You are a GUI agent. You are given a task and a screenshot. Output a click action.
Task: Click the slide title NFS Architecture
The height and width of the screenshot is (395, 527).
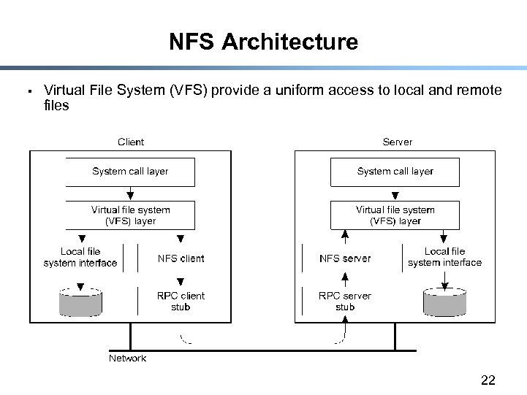[263, 42]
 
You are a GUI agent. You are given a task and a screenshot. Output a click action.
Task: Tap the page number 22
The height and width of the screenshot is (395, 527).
[488, 380]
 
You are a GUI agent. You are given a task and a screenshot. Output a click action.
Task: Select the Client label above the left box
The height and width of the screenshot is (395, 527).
[131, 142]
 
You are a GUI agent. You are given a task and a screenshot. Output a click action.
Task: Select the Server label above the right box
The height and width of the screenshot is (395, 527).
[397, 142]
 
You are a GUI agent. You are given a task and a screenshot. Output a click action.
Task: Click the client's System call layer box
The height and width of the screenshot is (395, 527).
[130, 172]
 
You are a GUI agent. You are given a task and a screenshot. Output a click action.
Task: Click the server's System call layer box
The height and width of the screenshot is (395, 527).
[395, 172]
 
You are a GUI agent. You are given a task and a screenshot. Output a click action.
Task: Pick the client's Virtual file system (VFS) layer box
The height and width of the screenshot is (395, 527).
[130, 215]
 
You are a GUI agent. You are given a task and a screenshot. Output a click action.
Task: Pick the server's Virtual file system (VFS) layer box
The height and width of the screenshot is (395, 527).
[395, 215]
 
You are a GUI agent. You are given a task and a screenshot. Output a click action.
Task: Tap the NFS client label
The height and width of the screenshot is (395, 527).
[181, 258]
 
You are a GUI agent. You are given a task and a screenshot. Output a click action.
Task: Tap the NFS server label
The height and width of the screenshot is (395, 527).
[345, 258]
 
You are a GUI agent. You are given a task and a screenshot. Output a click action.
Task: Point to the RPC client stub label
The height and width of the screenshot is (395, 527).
[181, 302]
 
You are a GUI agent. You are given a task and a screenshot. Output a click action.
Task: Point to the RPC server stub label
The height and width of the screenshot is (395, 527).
[345, 302]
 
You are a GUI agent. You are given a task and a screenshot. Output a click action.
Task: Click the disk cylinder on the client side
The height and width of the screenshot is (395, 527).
[80, 302]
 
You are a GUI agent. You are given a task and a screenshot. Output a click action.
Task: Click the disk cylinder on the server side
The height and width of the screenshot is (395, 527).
[444, 302]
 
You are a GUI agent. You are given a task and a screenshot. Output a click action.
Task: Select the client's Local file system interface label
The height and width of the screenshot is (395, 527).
[80, 257]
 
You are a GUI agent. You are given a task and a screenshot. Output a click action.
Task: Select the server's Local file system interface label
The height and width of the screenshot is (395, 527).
[444, 257]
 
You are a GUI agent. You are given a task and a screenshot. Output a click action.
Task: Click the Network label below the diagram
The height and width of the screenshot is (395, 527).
[127, 358]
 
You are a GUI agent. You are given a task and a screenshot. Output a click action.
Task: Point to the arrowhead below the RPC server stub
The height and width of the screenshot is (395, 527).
[345, 319]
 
